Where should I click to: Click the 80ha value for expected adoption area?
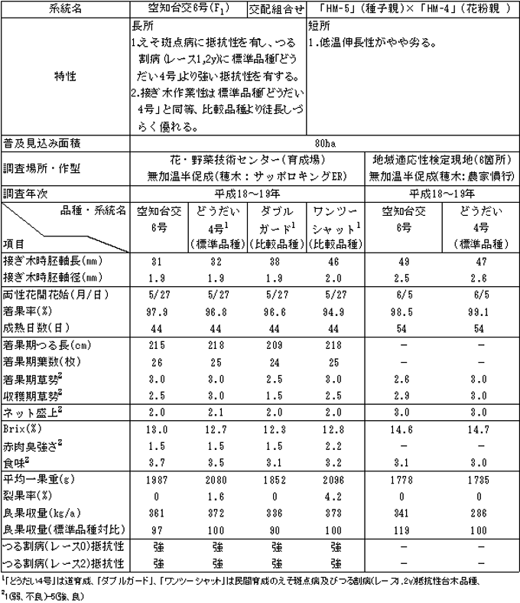pos(324,142)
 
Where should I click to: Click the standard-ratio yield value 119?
pos(401,527)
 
